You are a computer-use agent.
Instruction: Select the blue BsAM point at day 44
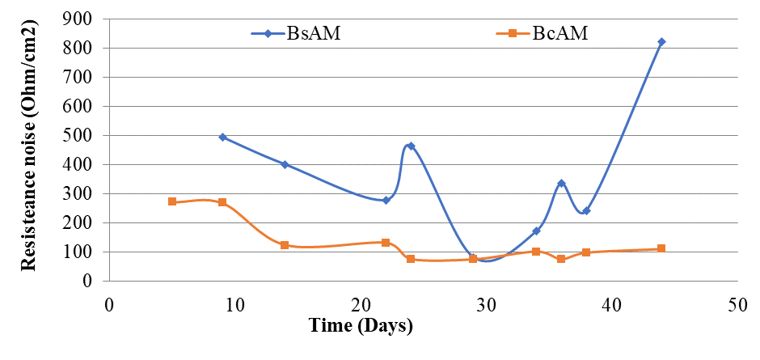[661, 41]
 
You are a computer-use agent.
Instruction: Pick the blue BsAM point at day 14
[285, 164]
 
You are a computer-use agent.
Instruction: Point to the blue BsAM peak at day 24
[411, 146]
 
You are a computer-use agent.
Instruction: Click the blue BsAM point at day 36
[561, 184]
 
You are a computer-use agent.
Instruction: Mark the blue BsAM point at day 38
[586, 211]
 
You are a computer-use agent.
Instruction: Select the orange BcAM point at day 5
[172, 201]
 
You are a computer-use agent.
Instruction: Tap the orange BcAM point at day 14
[285, 245]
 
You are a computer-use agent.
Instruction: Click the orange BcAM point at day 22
[386, 243]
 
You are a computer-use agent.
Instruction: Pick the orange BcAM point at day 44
[661, 248]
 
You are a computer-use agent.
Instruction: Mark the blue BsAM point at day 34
[536, 231]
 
